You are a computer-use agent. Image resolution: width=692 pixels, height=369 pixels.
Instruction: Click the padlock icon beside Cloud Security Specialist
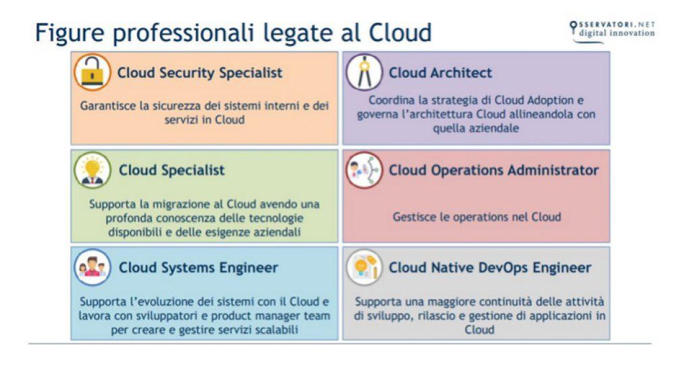[x=92, y=72]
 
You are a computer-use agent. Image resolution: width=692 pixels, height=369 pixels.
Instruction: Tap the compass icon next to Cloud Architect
[x=364, y=72]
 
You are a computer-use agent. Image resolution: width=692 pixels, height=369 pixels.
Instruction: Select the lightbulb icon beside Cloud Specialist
[x=92, y=170]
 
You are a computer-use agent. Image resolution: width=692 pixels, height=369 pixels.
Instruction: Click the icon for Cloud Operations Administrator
[x=364, y=170]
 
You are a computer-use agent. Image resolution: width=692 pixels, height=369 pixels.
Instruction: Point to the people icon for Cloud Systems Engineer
[x=92, y=268]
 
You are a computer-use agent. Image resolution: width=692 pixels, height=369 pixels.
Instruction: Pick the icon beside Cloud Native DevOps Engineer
[x=364, y=268]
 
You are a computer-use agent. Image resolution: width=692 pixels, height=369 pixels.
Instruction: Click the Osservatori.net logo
[x=612, y=32]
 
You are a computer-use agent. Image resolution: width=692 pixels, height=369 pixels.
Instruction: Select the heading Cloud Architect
[x=440, y=72]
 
